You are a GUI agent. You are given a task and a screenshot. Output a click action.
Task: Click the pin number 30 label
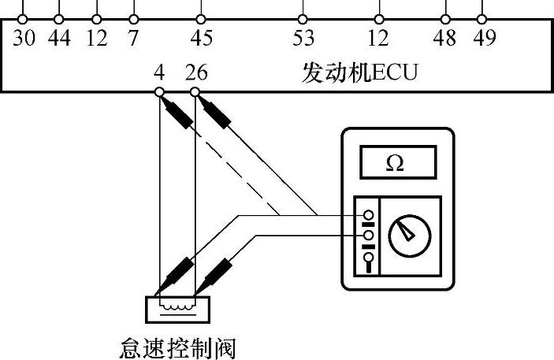pos(24,38)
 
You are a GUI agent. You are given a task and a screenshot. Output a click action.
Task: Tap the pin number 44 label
pos(59,38)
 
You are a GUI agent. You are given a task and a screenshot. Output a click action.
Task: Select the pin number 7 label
pos(133,38)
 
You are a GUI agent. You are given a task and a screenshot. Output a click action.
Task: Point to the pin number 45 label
pos(201,38)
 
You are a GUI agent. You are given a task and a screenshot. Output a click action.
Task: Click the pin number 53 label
pos(303,38)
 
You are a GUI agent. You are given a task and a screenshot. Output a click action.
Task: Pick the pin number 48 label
pos(445,38)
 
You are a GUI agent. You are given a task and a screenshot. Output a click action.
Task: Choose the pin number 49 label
pos(483,38)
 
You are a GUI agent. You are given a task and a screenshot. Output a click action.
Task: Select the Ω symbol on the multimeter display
pos(396,162)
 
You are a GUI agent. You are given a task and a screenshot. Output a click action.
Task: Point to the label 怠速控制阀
pos(176,346)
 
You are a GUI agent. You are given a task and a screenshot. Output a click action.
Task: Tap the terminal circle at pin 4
pos(159,93)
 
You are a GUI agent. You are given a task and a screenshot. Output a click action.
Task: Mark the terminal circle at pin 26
pos(195,93)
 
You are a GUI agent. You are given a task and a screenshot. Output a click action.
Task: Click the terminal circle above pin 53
pos(303,18)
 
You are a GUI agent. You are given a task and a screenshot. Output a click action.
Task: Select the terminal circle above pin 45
pos(201,18)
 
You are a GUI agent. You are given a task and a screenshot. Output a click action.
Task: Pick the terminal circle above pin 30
pos(24,18)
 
